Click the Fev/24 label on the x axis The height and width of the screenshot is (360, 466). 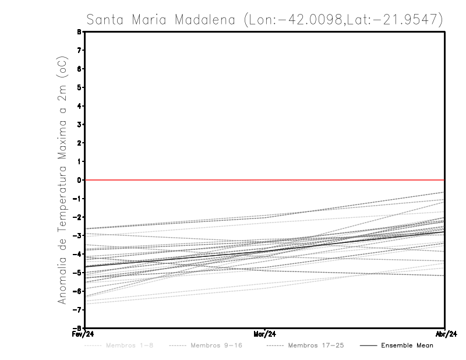coord(76,334)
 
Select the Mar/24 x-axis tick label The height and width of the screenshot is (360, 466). coord(265,334)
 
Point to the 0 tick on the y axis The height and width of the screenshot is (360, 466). coord(79,180)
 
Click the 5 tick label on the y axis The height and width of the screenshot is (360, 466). coord(79,87)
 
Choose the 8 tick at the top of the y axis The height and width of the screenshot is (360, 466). coord(79,32)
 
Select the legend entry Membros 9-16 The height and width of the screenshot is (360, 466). coord(215,345)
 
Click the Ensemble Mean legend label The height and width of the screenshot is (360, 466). coord(407,345)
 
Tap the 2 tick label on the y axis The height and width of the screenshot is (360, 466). coord(79,143)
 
